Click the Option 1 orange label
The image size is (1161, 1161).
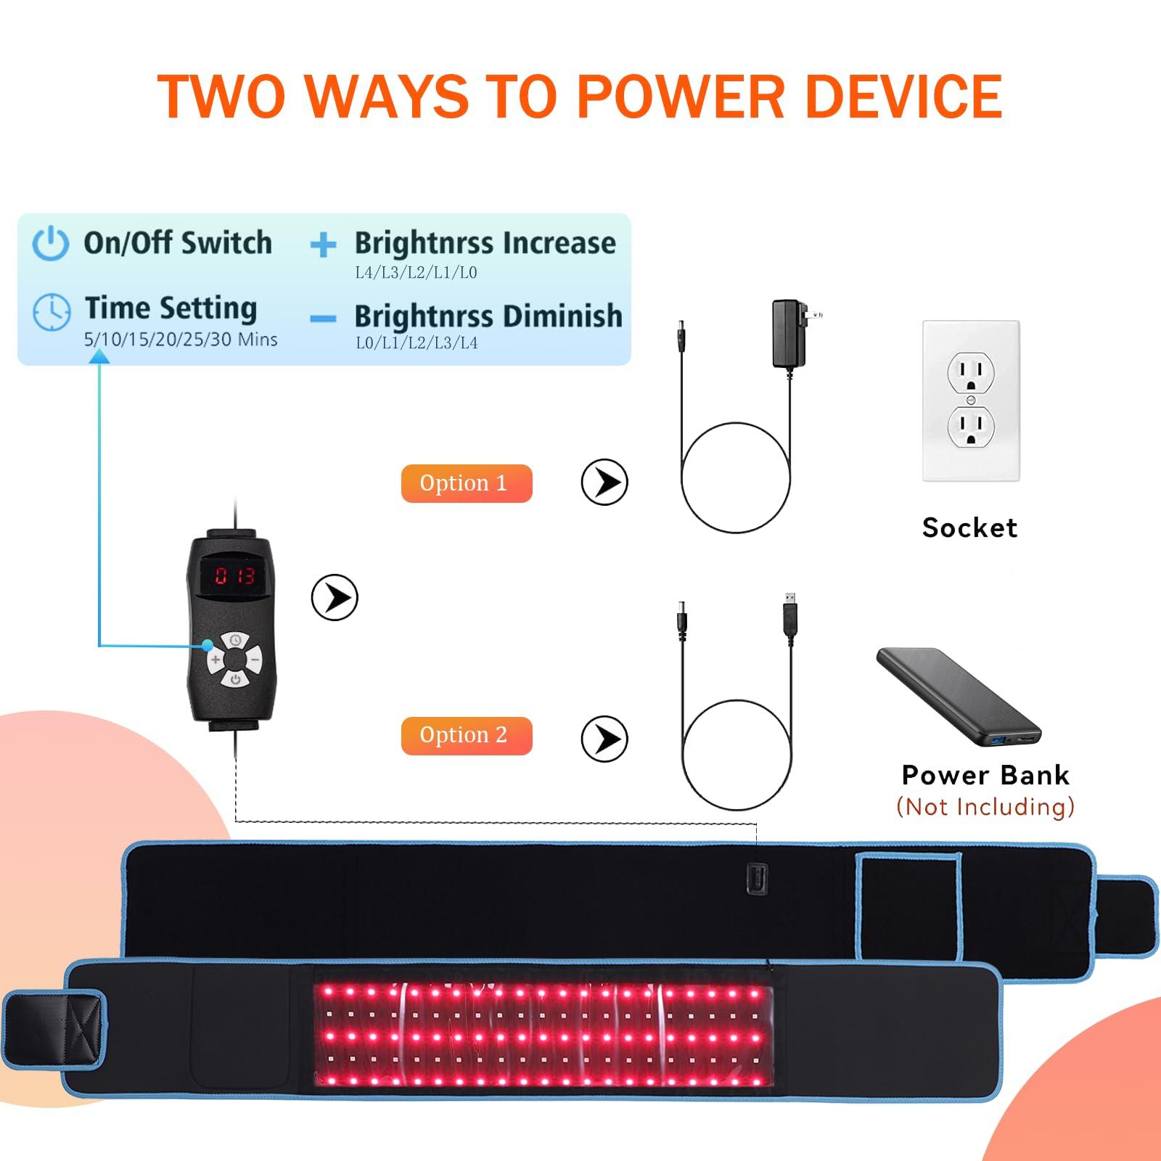click(467, 483)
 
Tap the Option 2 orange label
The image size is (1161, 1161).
click(467, 736)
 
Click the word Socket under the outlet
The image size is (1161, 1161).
click(969, 528)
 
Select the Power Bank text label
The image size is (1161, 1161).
click(985, 775)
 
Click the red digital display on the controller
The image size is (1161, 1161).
click(234, 577)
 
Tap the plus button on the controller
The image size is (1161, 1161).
click(216, 660)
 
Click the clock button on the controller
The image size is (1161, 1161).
click(236, 641)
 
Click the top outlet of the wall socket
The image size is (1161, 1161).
click(971, 373)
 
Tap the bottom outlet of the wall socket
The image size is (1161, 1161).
click(971, 427)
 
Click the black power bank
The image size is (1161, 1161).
click(959, 697)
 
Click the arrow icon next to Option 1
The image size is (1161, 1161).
click(604, 483)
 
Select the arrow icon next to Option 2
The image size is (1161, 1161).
click(604, 739)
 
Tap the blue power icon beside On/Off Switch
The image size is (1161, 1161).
click(51, 243)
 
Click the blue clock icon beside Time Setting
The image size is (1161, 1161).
click(52, 312)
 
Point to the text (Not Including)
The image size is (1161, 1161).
click(985, 807)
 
